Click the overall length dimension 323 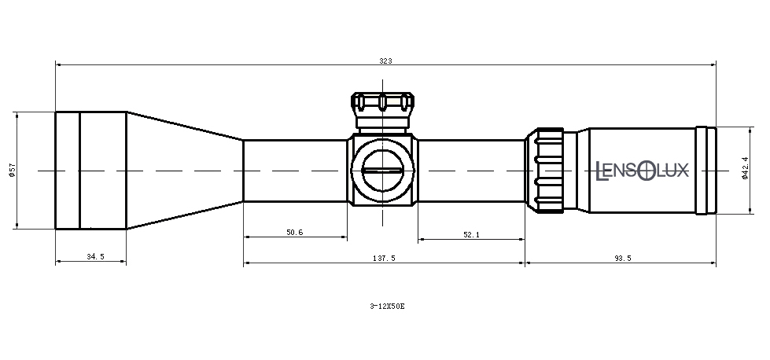click(x=385, y=61)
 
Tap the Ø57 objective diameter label click(x=13, y=171)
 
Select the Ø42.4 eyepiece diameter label click(x=745, y=168)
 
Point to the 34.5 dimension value click(x=95, y=256)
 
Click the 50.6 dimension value click(x=295, y=232)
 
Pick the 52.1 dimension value click(x=471, y=234)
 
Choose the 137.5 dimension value click(x=384, y=258)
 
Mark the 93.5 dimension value click(x=622, y=258)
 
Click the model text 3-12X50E click(x=388, y=306)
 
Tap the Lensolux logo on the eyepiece click(x=642, y=171)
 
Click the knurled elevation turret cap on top click(x=382, y=102)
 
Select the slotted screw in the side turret click(x=383, y=171)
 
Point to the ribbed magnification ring click(x=545, y=171)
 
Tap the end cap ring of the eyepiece click(x=706, y=171)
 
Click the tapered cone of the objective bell click(x=185, y=171)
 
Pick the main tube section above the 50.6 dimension click(x=295, y=171)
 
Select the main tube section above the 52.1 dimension click(x=471, y=171)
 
